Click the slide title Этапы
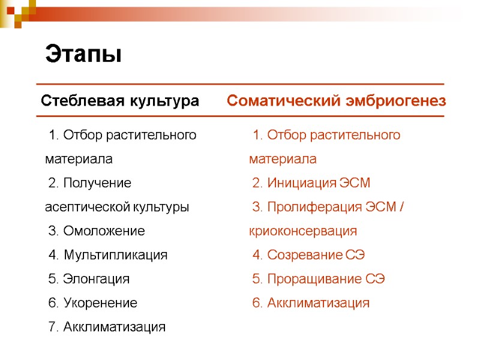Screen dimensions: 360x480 83,55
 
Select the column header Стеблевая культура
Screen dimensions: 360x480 119,101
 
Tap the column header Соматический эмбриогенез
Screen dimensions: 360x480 337,101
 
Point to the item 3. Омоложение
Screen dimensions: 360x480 96,231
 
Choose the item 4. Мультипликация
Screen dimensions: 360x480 107,255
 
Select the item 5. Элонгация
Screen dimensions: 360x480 88,279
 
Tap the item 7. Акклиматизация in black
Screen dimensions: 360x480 106,327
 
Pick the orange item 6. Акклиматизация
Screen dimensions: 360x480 311,303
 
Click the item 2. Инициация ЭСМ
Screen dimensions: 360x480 311,183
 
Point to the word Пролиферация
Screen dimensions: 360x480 314,207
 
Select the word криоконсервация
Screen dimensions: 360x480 303,231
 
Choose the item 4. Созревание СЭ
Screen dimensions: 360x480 308,255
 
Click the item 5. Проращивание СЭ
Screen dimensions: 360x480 318,279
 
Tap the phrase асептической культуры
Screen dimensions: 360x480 117,207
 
